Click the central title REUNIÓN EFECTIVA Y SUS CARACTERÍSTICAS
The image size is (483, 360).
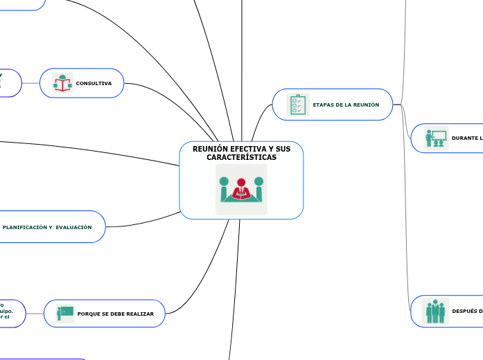click(x=241, y=153)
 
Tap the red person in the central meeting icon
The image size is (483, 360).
click(x=241, y=190)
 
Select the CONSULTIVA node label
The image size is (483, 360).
click(x=94, y=83)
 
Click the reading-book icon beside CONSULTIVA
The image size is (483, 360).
click(x=63, y=84)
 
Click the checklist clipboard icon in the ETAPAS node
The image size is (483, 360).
click(x=299, y=105)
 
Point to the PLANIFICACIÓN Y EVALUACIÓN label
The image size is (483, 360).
click(x=47, y=227)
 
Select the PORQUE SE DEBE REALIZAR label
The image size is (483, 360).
click(x=116, y=314)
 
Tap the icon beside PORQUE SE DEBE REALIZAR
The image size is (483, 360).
click(x=65, y=314)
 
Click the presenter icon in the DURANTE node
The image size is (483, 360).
click(x=437, y=138)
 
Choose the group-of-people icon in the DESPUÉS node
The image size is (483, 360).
click(x=436, y=311)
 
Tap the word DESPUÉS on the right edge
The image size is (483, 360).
click(x=466, y=311)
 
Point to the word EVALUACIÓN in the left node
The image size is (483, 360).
click(x=73, y=227)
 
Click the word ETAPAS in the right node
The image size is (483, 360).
click(x=324, y=105)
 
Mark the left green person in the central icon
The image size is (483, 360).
click(x=224, y=188)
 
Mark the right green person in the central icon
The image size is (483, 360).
click(x=258, y=188)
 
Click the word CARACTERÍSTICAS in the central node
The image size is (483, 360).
click(x=241, y=158)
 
